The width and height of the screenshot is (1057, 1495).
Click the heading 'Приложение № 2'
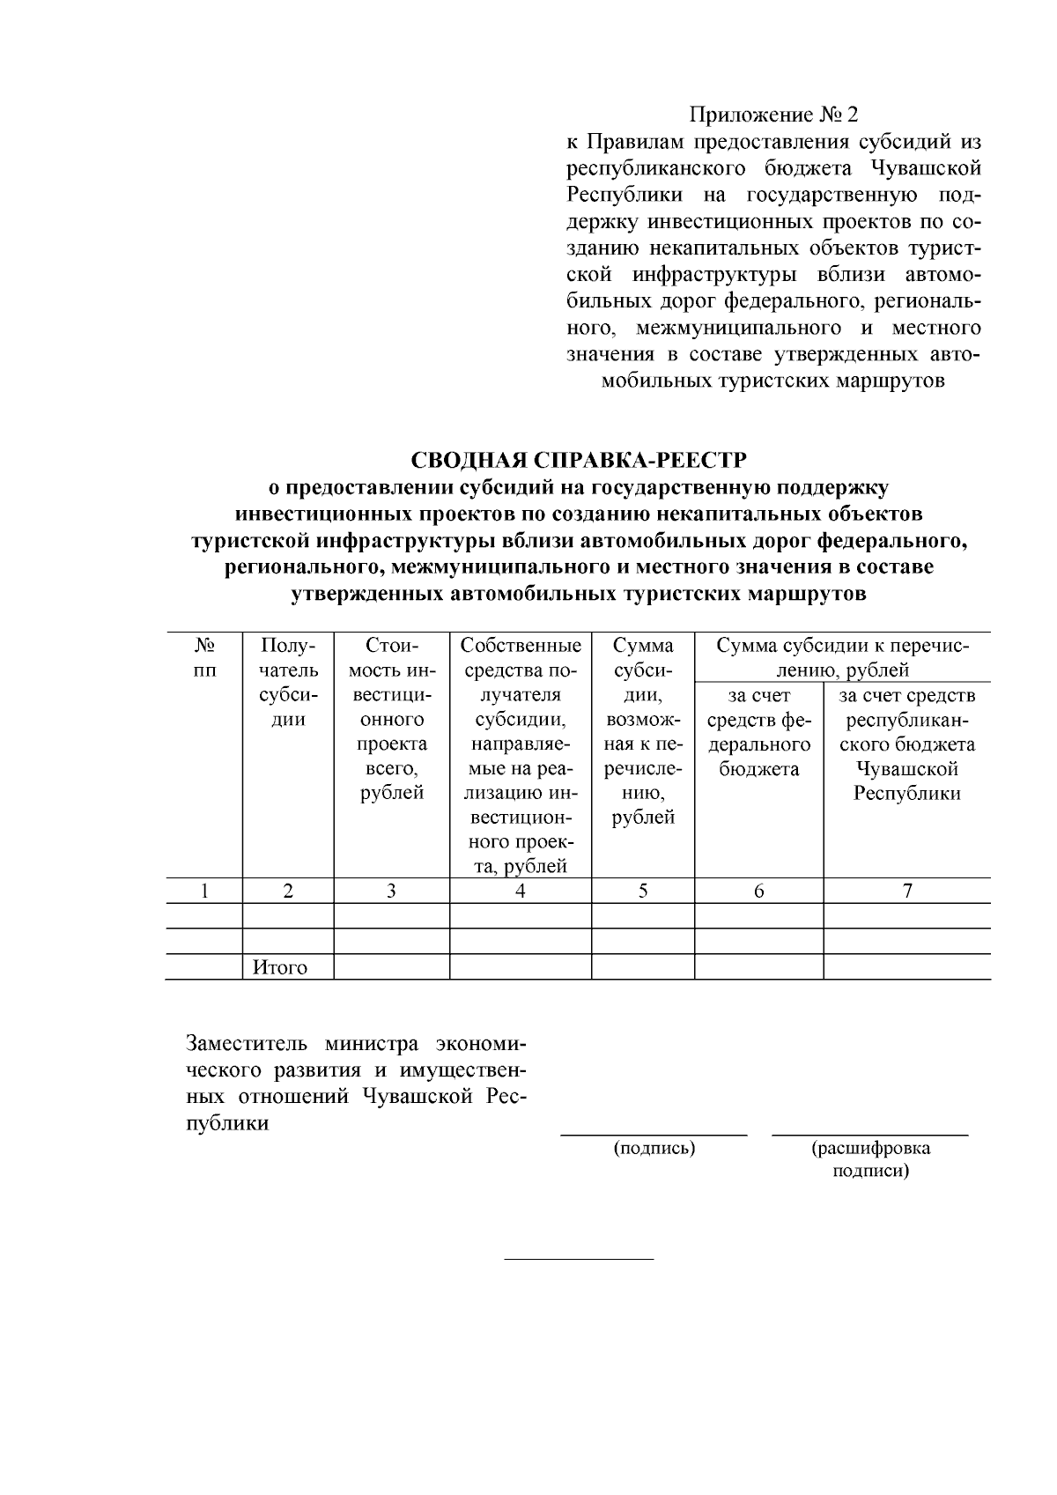click(x=772, y=115)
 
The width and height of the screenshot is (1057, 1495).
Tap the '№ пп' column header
click(x=203, y=657)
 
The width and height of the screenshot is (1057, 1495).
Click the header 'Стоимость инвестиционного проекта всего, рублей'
click(x=391, y=718)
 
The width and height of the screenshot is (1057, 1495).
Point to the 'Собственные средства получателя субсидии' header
click(x=520, y=754)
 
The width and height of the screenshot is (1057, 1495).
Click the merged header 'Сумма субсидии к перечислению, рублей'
click(x=842, y=657)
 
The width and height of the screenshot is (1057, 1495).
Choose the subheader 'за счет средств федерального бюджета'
click(x=758, y=732)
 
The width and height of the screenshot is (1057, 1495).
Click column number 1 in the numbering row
click(x=203, y=891)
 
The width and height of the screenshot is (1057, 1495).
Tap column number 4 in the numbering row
click(x=520, y=891)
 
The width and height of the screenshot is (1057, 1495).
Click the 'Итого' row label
click(x=280, y=967)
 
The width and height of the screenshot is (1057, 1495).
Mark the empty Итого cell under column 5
click(x=642, y=967)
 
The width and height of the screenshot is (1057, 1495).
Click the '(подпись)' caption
click(x=654, y=1148)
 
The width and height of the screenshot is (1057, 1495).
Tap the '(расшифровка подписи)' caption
click(x=870, y=1159)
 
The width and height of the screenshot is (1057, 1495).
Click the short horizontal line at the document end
click(x=578, y=1259)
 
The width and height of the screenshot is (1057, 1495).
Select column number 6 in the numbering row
click(x=758, y=891)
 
